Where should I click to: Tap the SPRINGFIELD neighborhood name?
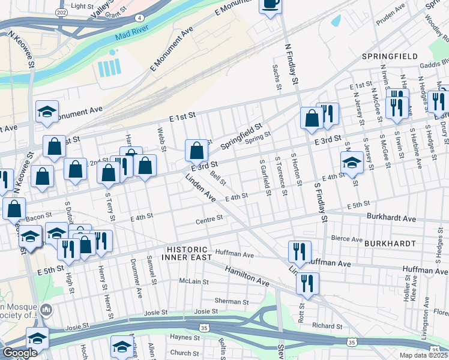pos(390,56)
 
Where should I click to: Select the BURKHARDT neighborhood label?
pos(390,244)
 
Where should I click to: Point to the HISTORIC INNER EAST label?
pos(187,253)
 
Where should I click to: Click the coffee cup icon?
pos(270,4)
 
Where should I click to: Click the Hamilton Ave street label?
pos(247,275)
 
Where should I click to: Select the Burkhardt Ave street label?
pos(391,219)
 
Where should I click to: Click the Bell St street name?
pos(218,178)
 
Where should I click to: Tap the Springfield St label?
pos(242,137)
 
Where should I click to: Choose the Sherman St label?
pos(228,301)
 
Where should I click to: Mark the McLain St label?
pos(194,281)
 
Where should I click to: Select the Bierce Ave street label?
pos(348,238)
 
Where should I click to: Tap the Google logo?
pos(20,353)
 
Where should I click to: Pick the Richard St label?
pos(327,326)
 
